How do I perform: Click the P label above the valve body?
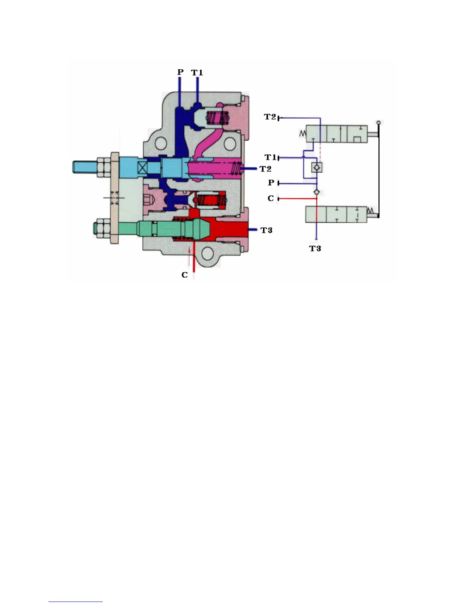(x=180, y=72)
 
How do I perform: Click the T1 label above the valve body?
(x=197, y=73)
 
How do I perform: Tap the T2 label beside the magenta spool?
(x=265, y=169)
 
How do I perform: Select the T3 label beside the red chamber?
(x=266, y=230)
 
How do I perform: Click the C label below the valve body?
(x=185, y=275)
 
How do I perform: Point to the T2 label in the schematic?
(x=270, y=117)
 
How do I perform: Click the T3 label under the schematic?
(x=315, y=248)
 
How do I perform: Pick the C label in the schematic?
(x=271, y=198)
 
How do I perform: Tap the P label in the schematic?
(x=271, y=183)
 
